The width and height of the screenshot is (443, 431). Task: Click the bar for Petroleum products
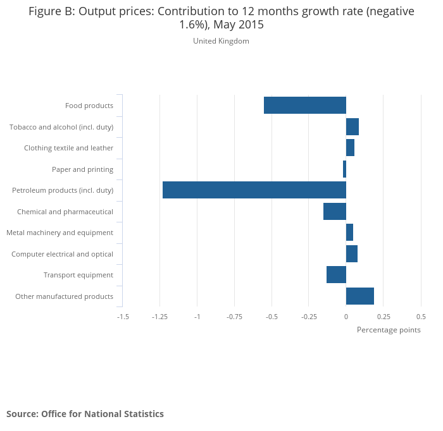tap(254, 190)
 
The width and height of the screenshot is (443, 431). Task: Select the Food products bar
tap(304, 106)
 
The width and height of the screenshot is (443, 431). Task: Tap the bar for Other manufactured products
tap(359, 296)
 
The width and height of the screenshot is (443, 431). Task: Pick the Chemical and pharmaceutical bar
tap(334, 211)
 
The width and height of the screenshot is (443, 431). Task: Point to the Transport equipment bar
tap(336, 275)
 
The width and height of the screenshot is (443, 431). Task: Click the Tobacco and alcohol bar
tap(352, 126)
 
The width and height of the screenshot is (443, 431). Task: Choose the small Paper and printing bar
tap(344, 169)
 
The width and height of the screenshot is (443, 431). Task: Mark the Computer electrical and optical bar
tap(351, 253)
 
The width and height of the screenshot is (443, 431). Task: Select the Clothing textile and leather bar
tap(350, 148)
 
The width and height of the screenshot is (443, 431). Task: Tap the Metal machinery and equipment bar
tap(349, 233)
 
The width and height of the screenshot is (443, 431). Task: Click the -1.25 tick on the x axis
tap(159, 316)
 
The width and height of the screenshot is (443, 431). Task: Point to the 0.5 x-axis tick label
tap(421, 316)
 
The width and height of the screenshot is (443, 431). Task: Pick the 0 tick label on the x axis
tap(346, 316)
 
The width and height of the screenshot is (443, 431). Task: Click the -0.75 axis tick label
tap(234, 316)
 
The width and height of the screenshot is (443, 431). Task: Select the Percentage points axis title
tap(389, 330)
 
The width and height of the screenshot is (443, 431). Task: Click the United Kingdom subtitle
tap(221, 41)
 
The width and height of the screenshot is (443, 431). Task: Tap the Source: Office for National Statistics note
tap(85, 414)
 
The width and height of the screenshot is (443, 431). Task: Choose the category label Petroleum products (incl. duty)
tap(63, 190)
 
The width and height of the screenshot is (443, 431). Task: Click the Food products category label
tap(89, 106)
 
